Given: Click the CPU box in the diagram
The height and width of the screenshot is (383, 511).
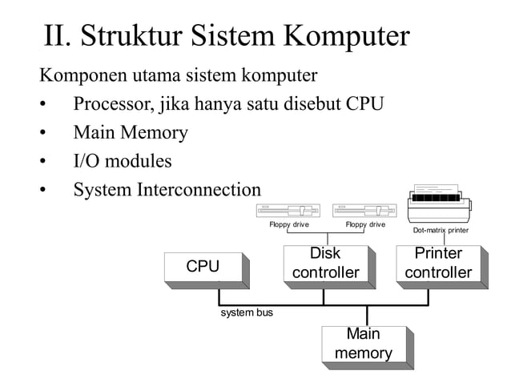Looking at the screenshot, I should coord(203,267).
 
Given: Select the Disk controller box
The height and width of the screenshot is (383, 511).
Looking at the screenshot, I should coord(324,264).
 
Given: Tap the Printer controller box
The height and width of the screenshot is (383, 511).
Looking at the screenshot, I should coord(438,264).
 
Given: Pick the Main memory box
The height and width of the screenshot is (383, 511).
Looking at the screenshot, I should coord(363,344).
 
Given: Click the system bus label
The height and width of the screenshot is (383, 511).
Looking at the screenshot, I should coord(246,312).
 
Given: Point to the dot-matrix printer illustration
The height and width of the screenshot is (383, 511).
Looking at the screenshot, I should coord(440,205).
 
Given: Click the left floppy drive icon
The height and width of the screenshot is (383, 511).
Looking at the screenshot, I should coord(288,211).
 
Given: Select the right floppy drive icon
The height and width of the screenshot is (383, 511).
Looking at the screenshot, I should coord(364,211).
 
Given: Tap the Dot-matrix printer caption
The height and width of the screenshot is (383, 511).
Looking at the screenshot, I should coord(441,231).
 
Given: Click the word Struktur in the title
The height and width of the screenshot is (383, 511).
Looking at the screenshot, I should coord(131,36).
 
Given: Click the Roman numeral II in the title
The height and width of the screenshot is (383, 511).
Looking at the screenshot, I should coord(58,36).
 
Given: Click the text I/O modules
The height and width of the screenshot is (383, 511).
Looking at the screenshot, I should coord(122,161).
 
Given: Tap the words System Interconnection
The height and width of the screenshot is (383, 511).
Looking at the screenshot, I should coord(167,190).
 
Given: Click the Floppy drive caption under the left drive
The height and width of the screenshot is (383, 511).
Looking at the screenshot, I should coord(289,225).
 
